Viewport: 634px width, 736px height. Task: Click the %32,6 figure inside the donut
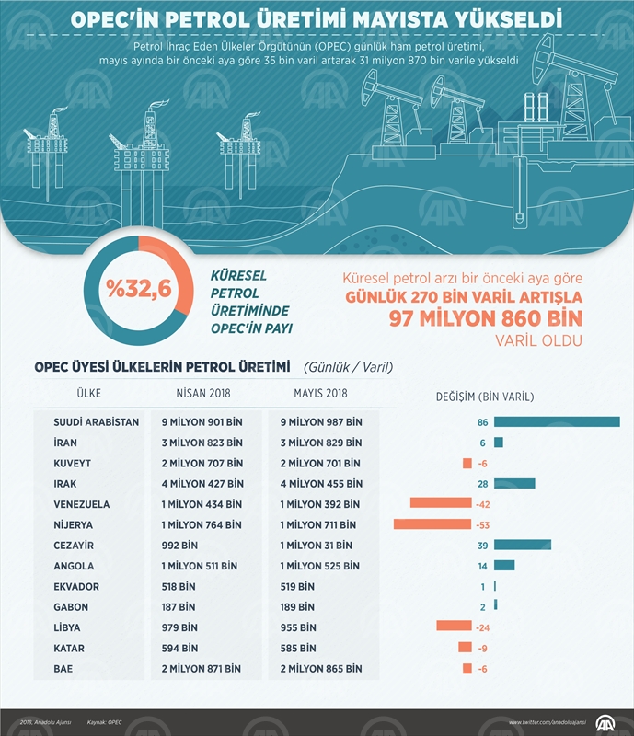(139, 290)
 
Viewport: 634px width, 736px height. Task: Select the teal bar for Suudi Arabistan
(557, 422)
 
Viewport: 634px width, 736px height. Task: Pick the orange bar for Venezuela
(440, 504)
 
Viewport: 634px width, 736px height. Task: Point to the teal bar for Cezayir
(523, 545)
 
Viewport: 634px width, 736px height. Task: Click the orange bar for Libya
(455, 627)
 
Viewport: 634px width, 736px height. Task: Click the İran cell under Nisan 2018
(202, 443)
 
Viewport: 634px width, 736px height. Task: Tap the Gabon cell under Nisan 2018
(179, 606)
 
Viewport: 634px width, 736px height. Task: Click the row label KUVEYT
(77, 463)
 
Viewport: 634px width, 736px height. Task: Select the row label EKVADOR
(77, 586)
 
